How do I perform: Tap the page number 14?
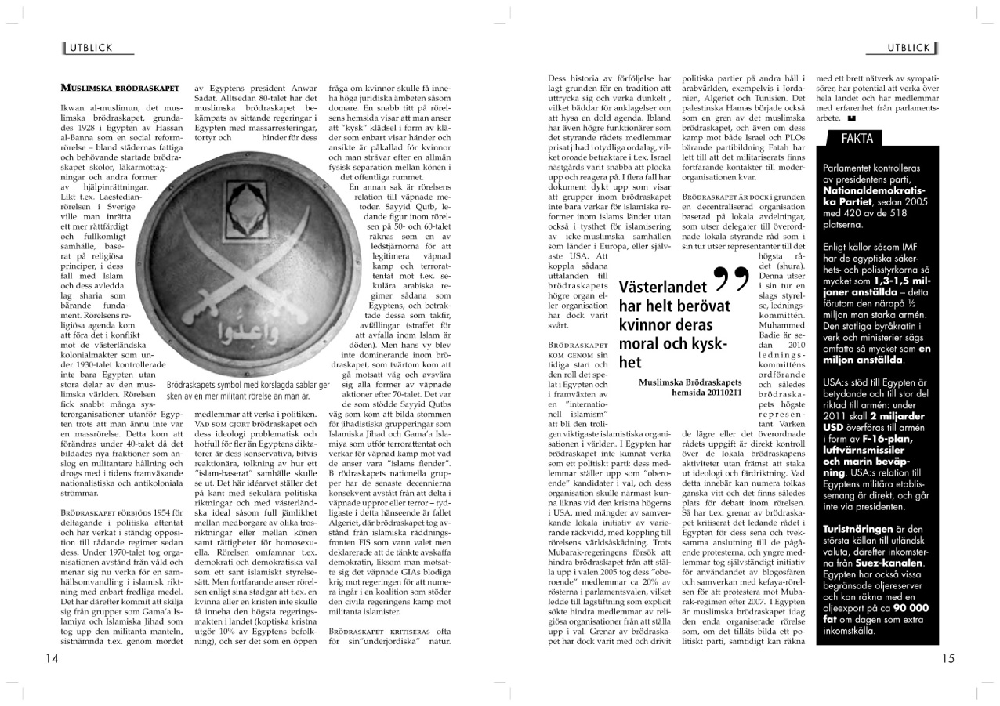(x=52, y=659)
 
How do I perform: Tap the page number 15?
(x=948, y=659)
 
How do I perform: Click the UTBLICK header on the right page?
(x=909, y=48)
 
